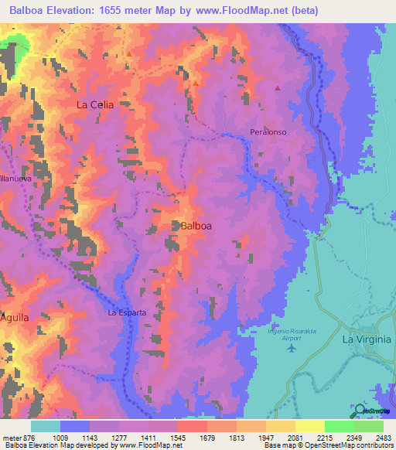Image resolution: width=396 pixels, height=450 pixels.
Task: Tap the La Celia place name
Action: (94, 104)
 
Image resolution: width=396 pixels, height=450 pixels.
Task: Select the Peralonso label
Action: (268, 132)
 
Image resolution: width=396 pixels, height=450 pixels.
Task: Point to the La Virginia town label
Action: (367, 339)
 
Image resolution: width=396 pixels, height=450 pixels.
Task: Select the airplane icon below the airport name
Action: (291, 347)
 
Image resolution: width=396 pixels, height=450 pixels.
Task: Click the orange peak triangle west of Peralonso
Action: (196, 82)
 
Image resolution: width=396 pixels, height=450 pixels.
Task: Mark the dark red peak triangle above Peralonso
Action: (276, 87)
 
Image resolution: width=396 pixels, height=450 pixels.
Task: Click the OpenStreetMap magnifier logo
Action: (361, 411)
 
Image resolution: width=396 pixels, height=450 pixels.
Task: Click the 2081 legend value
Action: (295, 437)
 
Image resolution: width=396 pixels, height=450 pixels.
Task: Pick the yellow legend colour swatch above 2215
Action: (309, 426)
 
